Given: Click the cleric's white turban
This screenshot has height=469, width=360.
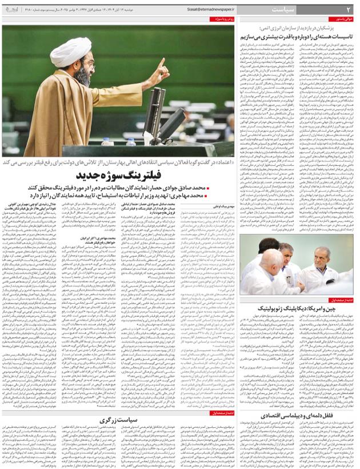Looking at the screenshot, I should click(x=71, y=51).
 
